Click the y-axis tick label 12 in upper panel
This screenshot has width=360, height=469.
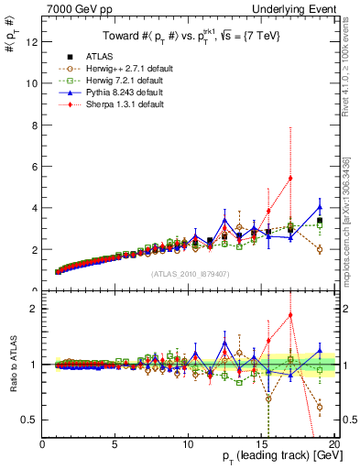click(32, 41)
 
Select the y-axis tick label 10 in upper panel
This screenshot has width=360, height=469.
click(32, 82)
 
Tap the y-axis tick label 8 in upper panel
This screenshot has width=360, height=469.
click(35, 125)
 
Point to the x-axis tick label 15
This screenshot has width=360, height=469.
click(261, 445)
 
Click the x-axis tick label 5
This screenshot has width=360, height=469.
click(115, 445)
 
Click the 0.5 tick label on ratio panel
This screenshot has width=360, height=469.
click(32, 420)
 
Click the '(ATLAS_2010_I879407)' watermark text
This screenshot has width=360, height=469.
click(190, 273)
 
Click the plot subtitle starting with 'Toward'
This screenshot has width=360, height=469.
click(190, 37)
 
